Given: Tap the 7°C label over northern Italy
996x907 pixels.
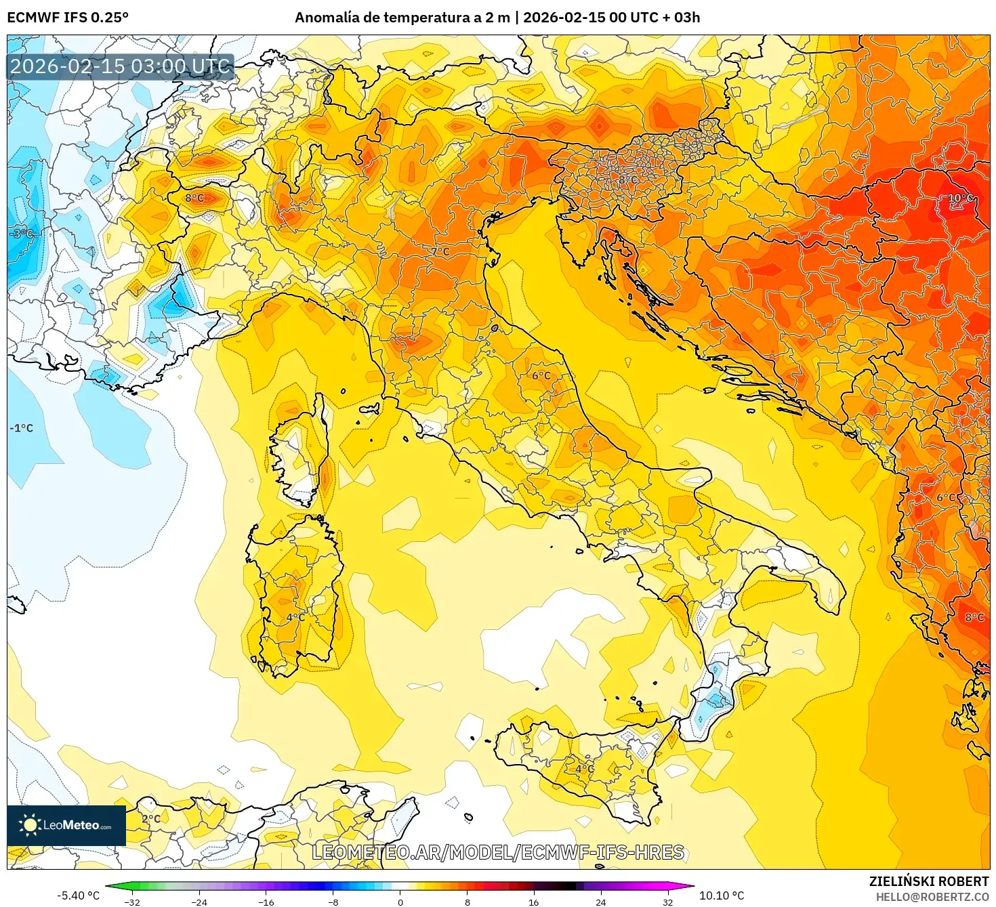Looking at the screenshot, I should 440,251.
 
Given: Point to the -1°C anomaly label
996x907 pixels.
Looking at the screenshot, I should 21,428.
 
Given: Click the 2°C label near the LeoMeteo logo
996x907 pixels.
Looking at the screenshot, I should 151,818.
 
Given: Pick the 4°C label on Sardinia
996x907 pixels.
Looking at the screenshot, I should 295,617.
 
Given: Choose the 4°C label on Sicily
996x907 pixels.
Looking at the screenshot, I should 585,769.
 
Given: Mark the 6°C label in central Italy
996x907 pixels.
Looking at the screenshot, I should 541,375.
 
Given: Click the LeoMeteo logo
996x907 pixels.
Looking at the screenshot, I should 66,825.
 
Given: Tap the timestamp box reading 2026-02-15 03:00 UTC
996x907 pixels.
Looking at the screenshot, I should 120,66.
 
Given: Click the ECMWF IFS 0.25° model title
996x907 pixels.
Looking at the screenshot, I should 68,18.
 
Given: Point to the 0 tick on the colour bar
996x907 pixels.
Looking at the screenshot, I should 400,902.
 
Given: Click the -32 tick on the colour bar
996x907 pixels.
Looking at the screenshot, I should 132,902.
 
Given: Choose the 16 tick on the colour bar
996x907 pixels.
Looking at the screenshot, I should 534,902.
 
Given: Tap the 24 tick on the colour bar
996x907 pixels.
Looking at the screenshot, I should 600,902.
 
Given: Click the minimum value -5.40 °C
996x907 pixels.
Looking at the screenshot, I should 78,895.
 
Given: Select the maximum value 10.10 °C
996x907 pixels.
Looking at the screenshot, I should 722,895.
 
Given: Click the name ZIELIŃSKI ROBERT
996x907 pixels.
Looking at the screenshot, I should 929,881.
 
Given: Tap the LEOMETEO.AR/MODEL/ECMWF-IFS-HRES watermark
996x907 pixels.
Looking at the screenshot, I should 498,852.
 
